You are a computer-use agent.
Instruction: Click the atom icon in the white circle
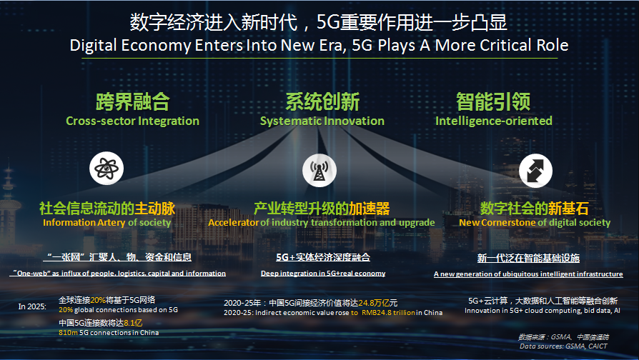[x=106, y=168]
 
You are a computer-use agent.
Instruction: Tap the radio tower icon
[x=319, y=170]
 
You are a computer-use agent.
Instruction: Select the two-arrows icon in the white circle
[x=535, y=170]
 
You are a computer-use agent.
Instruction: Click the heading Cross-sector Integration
[x=132, y=121]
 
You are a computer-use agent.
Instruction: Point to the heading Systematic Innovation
[x=322, y=121]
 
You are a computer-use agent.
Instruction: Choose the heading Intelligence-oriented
[x=493, y=121]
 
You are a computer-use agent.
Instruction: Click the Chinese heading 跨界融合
[x=132, y=101]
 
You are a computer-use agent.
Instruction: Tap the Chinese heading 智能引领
[x=493, y=101]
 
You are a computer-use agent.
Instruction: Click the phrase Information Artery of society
[x=106, y=222]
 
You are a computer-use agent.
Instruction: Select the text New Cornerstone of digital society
[x=535, y=222]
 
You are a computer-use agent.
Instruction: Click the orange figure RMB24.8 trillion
[x=388, y=313]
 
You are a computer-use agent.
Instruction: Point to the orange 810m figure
[x=68, y=333]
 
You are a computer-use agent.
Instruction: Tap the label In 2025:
[x=32, y=306]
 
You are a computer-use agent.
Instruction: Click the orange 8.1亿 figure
[x=133, y=323]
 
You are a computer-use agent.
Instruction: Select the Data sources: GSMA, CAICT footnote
[x=563, y=346]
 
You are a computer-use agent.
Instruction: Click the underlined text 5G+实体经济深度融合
[x=323, y=257]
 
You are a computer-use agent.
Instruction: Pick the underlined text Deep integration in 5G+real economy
[x=323, y=274]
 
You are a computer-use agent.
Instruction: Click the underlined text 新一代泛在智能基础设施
[x=528, y=258]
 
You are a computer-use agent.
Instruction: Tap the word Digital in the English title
[x=94, y=45]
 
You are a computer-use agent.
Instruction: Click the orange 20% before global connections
[x=66, y=310]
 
